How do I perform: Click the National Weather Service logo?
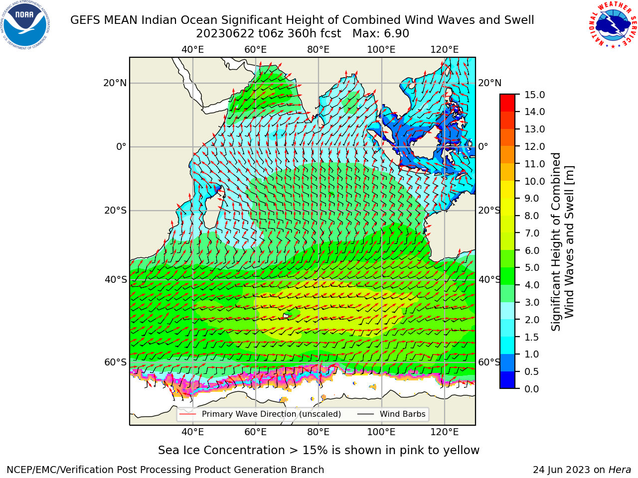tap(613, 25)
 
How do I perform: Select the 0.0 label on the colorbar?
tap(532, 389)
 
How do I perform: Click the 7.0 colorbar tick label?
tap(532, 233)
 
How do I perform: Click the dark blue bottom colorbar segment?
tap(507, 380)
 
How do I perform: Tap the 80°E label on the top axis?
tap(319, 50)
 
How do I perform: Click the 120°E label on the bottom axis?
tap(445, 432)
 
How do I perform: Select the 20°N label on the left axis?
tap(115, 83)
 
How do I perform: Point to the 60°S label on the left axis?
tap(116, 362)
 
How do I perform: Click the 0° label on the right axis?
tap(483, 146)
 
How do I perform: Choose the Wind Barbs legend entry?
tap(391, 414)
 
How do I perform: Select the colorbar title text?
tap(563, 241)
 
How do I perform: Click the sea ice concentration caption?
tap(319, 451)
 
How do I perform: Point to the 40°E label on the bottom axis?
tap(193, 432)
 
